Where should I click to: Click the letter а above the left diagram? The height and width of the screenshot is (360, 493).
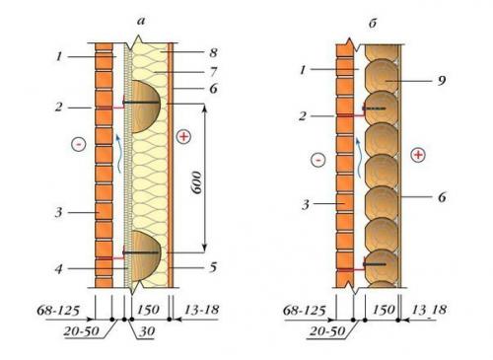click(141, 22)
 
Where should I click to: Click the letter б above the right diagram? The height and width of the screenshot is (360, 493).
click(373, 24)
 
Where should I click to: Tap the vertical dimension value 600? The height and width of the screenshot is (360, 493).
click(197, 182)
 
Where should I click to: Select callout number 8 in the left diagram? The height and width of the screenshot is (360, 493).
click(213, 52)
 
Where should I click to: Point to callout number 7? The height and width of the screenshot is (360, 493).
click(214, 71)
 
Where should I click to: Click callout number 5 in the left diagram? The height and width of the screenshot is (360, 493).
click(213, 267)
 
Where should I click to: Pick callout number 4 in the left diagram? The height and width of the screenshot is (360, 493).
click(58, 269)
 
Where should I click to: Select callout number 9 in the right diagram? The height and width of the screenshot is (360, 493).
click(442, 80)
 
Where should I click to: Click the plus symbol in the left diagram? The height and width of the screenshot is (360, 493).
click(183, 136)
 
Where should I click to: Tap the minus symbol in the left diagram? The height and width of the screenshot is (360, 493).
click(79, 144)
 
